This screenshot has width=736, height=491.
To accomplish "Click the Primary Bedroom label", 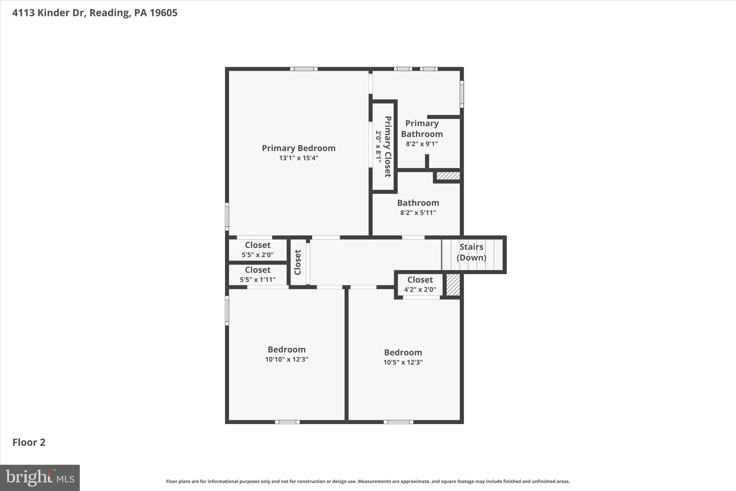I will (x=298, y=148).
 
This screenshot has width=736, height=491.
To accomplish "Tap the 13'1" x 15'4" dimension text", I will (x=299, y=158).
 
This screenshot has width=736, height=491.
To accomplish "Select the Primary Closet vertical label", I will (x=387, y=146).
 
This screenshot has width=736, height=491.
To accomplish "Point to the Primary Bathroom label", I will (x=422, y=128).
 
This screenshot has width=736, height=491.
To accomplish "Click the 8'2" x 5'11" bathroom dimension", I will (x=418, y=213).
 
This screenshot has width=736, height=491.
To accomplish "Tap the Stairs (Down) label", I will (x=471, y=252).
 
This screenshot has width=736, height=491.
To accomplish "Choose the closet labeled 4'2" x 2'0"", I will (x=420, y=284).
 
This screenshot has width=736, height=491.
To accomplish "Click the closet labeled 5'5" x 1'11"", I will (x=258, y=274).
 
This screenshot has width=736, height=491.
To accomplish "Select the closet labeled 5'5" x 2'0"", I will (x=258, y=250).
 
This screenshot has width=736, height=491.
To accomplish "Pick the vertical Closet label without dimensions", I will (x=298, y=262).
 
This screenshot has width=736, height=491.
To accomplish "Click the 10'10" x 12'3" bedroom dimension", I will (x=286, y=359).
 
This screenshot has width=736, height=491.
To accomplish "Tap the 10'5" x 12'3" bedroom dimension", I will (x=403, y=362).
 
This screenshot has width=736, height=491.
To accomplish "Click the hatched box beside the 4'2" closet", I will (x=453, y=285).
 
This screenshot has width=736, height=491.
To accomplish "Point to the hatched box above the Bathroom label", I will (x=448, y=176).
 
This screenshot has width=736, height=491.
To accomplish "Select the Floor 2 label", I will (x=29, y=442).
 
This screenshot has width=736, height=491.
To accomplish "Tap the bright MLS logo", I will (x=40, y=478).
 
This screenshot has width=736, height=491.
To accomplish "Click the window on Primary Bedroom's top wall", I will (x=304, y=69).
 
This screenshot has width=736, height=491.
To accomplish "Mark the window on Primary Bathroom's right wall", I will (x=462, y=94).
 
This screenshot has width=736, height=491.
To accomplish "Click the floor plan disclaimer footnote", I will (x=368, y=481).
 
